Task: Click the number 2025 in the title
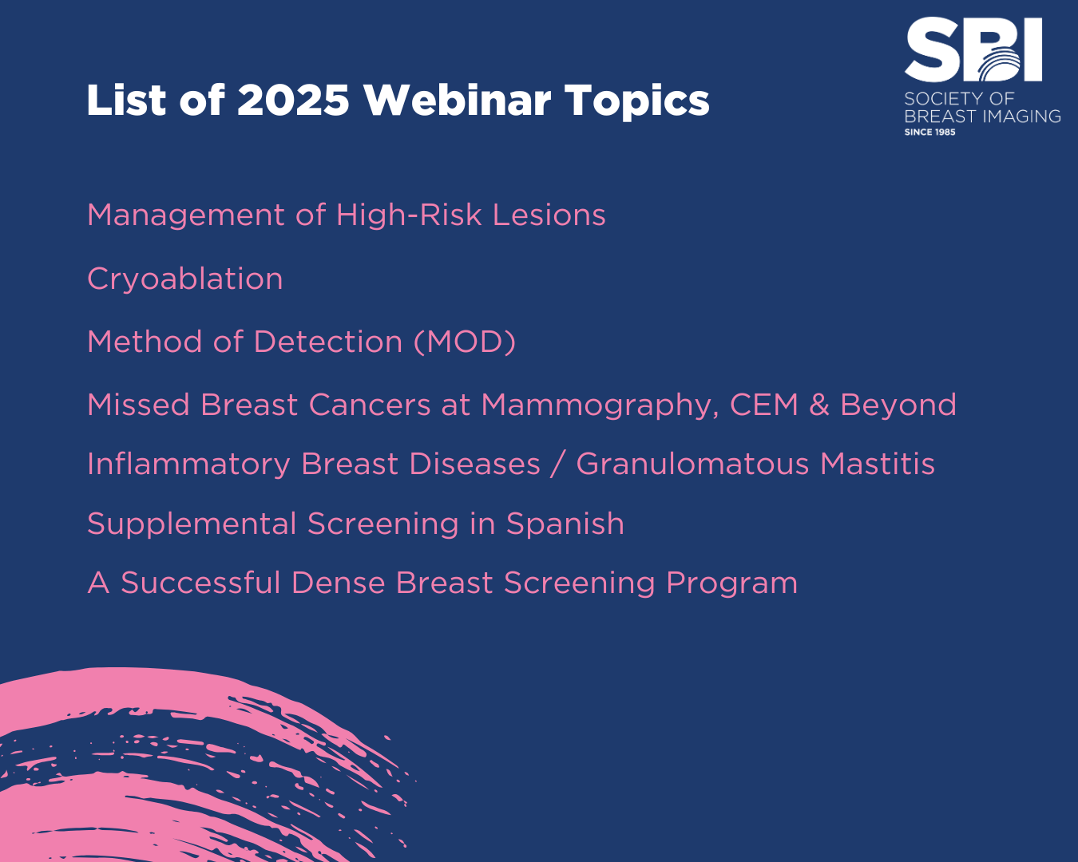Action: pos(292,100)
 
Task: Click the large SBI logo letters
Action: pos(973,49)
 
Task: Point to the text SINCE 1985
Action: pos(929,132)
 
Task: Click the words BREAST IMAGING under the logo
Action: pos(982,117)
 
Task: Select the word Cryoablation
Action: pos(184,280)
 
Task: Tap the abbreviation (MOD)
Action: pos(465,342)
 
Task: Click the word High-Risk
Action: pos(409,215)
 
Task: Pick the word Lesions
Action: pos(549,215)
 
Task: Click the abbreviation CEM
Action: pos(764,404)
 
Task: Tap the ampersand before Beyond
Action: pos(819,405)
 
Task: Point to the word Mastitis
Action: pos(877,464)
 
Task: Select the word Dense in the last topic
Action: pos(338,583)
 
